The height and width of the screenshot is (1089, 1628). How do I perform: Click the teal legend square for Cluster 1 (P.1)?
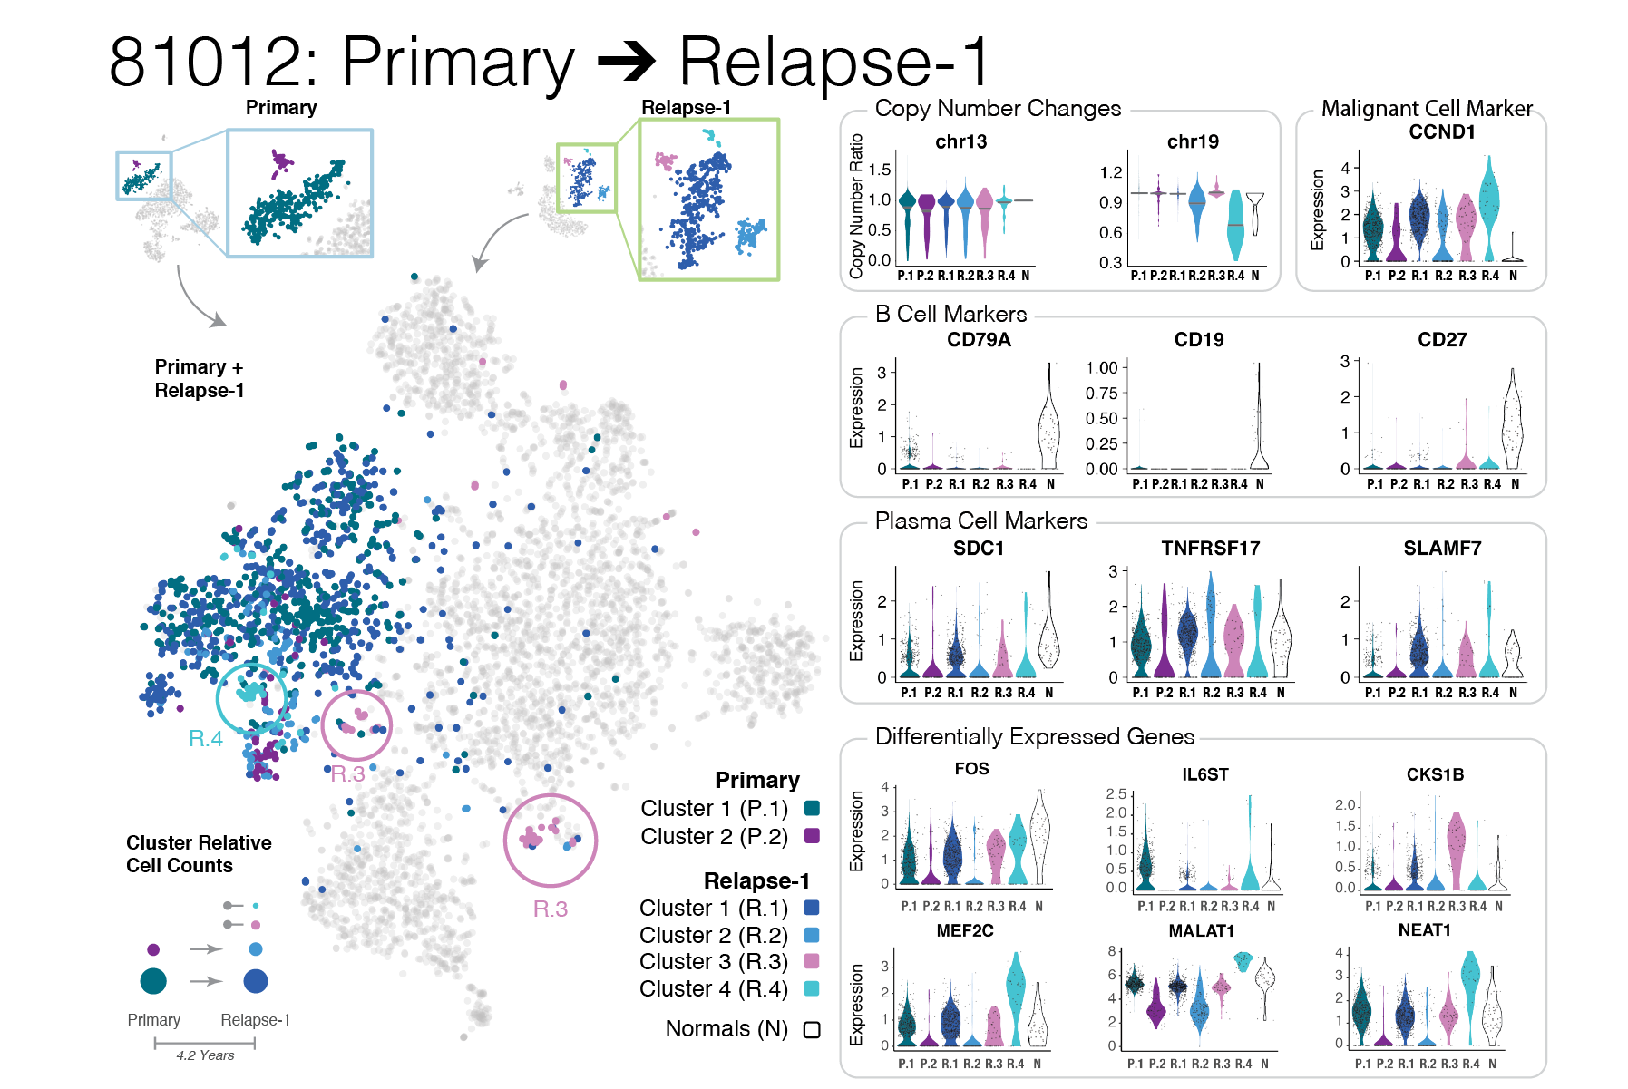pyautogui.click(x=812, y=808)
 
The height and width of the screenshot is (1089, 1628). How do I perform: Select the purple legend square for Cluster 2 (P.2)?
pyautogui.click(x=812, y=836)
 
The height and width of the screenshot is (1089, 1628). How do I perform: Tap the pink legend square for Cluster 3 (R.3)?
pyautogui.click(x=812, y=961)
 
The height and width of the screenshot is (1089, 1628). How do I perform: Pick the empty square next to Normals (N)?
pyautogui.click(x=812, y=1029)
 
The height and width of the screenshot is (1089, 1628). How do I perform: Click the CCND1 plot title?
pyautogui.click(x=1441, y=132)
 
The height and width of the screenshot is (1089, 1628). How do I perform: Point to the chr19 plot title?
pyautogui.click(x=1192, y=141)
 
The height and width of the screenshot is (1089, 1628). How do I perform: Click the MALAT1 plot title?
pyautogui.click(x=1201, y=930)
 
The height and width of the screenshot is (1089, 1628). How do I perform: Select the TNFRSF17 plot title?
pyautogui.click(x=1210, y=548)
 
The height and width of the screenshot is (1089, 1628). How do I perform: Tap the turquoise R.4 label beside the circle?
pyautogui.click(x=205, y=739)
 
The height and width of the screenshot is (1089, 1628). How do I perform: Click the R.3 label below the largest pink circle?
pyautogui.click(x=550, y=909)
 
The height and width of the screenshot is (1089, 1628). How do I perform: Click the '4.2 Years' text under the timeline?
pyautogui.click(x=205, y=1055)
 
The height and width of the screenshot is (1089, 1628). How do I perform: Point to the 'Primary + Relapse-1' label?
pyautogui.click(x=199, y=378)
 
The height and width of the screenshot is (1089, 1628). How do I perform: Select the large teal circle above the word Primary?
pyautogui.click(x=153, y=980)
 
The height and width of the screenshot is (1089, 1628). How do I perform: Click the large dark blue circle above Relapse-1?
pyautogui.click(x=256, y=980)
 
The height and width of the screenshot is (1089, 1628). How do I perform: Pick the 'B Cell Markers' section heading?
pyautogui.click(x=950, y=315)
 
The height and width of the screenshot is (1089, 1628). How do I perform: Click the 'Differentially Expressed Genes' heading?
pyautogui.click(x=1034, y=736)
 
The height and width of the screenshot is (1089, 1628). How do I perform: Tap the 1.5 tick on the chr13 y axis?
pyautogui.click(x=879, y=170)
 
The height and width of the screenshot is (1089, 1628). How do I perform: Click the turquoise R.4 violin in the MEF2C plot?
pyautogui.click(x=1016, y=993)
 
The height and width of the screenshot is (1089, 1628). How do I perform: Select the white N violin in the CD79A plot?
pyautogui.click(x=1049, y=426)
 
